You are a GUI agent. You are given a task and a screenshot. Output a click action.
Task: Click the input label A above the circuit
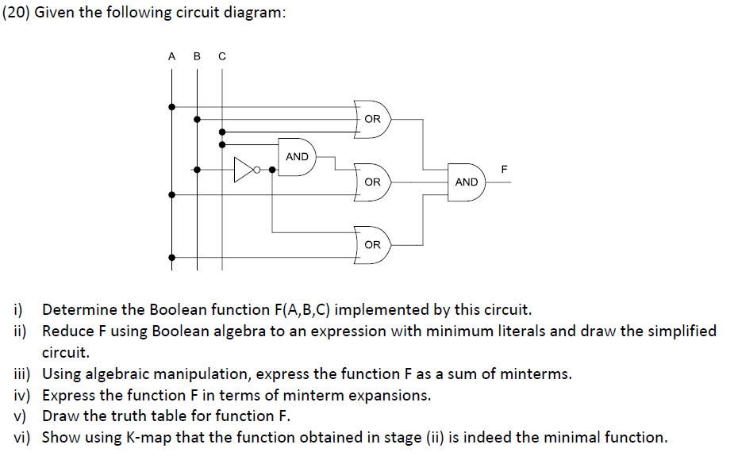pyautogui.click(x=171, y=56)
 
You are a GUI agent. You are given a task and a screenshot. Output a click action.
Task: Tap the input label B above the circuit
pyautogui.click(x=197, y=56)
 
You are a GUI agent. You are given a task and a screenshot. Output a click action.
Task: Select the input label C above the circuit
pyautogui.click(x=221, y=56)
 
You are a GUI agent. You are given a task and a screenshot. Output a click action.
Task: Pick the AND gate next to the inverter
pyautogui.click(x=298, y=157)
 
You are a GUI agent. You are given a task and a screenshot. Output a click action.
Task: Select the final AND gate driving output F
pyautogui.click(x=467, y=182)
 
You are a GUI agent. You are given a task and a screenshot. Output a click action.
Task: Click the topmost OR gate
pyautogui.click(x=372, y=119)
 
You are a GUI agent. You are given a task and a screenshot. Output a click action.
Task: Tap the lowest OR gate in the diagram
pyautogui.click(x=372, y=245)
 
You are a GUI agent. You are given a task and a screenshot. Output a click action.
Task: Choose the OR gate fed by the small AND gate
pyautogui.click(x=372, y=182)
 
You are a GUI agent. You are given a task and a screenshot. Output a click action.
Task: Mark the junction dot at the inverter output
pyautogui.click(x=272, y=170)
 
